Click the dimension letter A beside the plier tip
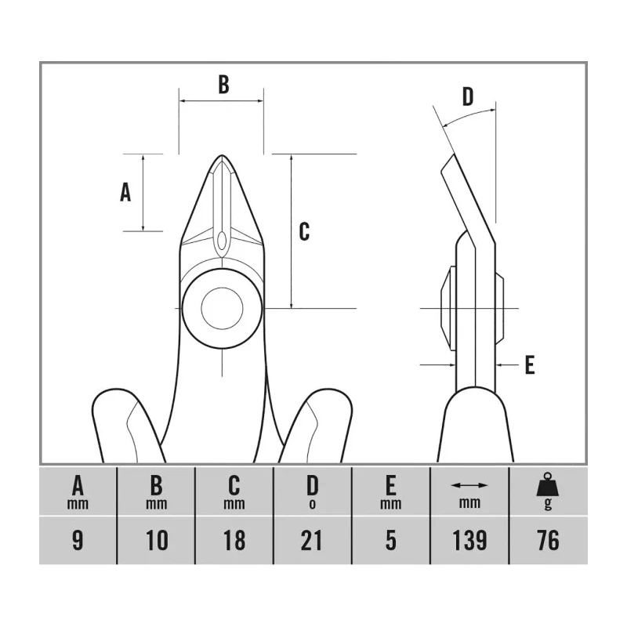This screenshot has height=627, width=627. [x=125, y=192]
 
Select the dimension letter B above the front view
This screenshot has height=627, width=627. [x=223, y=85]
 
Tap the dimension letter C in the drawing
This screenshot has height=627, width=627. [x=304, y=231]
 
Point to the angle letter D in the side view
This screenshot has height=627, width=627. [x=467, y=96]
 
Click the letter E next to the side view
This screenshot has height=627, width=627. [x=530, y=364]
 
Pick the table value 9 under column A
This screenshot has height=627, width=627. [x=78, y=540]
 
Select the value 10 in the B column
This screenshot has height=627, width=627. [x=156, y=540]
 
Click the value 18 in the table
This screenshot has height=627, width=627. [x=234, y=540]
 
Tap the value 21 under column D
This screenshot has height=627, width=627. [x=312, y=540]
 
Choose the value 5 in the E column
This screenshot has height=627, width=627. [x=390, y=540]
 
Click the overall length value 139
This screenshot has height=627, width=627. [x=469, y=540]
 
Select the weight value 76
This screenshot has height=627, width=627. [x=548, y=540]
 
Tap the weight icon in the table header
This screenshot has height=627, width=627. [x=547, y=484]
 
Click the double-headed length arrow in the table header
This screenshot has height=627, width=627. [x=469, y=485]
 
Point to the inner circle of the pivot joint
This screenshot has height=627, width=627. [x=222, y=308]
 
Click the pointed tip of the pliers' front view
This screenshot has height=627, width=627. [x=223, y=155]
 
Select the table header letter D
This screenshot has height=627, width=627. [x=312, y=485]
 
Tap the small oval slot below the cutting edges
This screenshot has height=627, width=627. [x=222, y=241]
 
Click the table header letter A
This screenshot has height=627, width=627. [x=78, y=485]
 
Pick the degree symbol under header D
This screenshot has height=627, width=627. [x=312, y=504]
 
